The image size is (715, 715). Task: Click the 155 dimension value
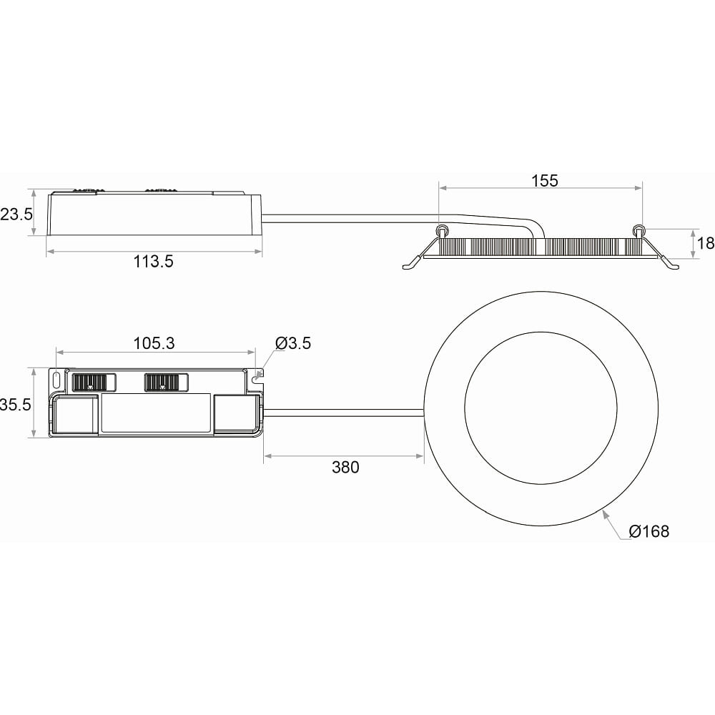pos(544,181)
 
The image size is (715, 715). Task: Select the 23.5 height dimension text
pos(16,214)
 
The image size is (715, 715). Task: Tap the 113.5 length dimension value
pos(153,262)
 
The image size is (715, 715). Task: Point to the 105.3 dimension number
pos(154,343)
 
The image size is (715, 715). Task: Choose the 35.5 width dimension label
pos(15,405)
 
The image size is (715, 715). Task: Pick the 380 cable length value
pos(345,468)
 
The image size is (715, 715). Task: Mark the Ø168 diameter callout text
pos(649,531)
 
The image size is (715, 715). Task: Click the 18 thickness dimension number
pos(705,244)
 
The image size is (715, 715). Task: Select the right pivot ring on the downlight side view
pos(638,230)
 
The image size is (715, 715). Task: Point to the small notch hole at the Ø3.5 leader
pos(257,373)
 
